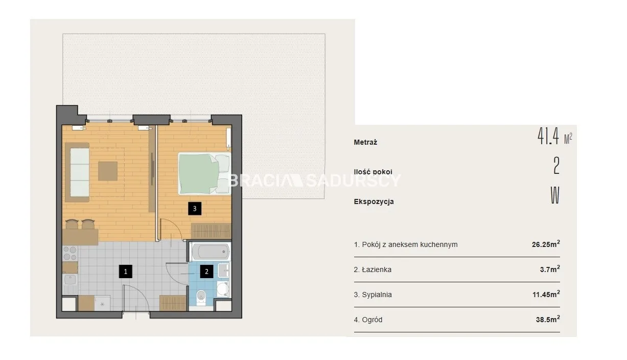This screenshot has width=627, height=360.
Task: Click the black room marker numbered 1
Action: (x=125, y=271)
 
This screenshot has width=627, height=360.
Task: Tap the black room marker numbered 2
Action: (x=206, y=271)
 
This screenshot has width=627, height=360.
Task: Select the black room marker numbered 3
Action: (x=195, y=209)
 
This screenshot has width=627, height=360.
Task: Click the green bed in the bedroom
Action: (x=204, y=173)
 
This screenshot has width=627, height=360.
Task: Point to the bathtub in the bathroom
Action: (x=210, y=252)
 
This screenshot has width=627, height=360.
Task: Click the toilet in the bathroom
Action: (x=201, y=297)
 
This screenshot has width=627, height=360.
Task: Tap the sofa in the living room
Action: (x=77, y=172)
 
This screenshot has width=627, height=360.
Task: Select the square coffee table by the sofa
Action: (x=108, y=171)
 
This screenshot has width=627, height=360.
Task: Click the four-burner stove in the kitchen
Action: (x=70, y=253)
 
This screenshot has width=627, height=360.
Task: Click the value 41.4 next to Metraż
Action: (x=548, y=137)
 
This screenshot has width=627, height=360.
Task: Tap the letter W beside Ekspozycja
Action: (x=555, y=195)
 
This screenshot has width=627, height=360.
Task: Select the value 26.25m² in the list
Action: (x=546, y=244)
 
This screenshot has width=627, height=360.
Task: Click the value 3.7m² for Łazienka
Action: (x=550, y=269)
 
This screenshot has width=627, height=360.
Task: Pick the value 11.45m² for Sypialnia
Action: (x=546, y=294)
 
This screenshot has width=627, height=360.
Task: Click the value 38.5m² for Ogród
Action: (x=548, y=319)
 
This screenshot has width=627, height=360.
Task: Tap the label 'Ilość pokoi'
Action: (x=373, y=172)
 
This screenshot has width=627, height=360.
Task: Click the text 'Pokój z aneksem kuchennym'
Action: (x=409, y=244)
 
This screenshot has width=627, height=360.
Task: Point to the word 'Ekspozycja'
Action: (x=374, y=201)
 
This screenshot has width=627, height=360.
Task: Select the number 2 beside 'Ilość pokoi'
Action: (x=556, y=165)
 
